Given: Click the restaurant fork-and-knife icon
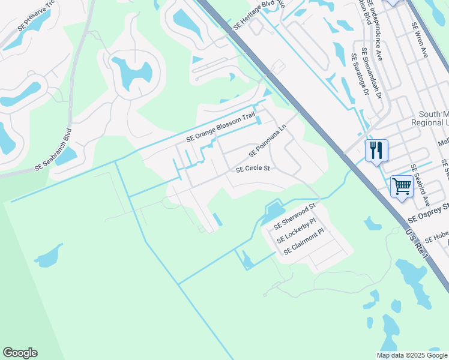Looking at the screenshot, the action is point(376,151).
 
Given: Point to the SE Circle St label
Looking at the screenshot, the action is point(253,169).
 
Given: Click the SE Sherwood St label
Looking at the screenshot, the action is point(294,217).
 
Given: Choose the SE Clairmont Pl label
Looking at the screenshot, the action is point(304,242).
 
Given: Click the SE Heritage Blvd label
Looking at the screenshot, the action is point(258,16).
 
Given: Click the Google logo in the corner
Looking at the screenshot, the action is point(20,353).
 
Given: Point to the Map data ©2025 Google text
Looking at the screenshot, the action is point(412,355).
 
